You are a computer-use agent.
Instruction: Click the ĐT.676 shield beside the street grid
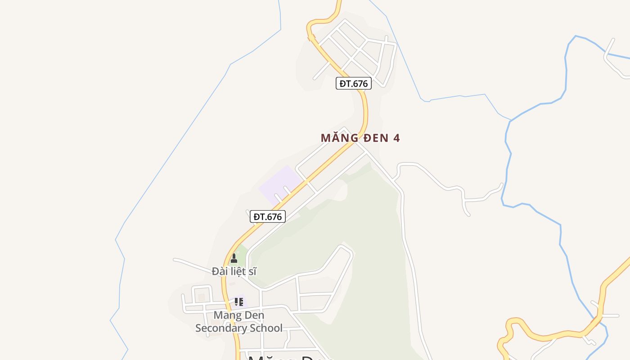point(353,83)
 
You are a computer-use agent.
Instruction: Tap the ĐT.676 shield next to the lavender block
point(268,216)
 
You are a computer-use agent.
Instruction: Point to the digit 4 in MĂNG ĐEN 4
point(396,138)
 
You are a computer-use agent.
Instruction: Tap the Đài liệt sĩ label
point(234,271)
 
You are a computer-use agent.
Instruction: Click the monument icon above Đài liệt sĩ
point(234,259)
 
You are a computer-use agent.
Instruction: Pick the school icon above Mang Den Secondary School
point(238,301)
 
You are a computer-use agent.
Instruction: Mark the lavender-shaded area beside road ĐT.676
point(279,184)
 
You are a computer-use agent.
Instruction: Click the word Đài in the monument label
point(220,271)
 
